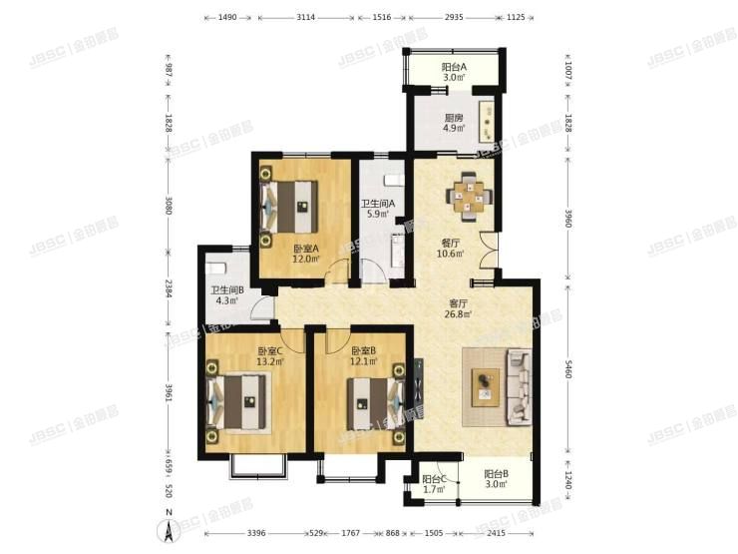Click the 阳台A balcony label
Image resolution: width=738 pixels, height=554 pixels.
coord(455,67)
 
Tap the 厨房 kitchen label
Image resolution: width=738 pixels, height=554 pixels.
coord(454,117)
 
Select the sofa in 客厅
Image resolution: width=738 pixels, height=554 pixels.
coord(520,386)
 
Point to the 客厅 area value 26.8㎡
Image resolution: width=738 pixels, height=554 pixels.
coord(459,313)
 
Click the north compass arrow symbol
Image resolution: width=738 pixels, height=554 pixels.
coord(169,530)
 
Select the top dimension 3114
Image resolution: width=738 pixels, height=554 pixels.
coord(306,18)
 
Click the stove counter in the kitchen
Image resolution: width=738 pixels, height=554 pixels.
coord(488,119)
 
